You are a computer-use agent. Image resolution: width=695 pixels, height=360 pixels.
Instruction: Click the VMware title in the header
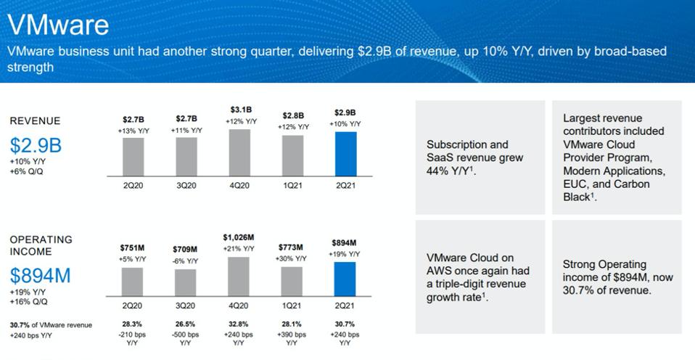click(x=58, y=25)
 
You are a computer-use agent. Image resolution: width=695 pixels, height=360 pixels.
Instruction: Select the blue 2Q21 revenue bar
click(x=345, y=154)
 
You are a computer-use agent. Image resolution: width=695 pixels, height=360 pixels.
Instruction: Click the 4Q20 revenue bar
click(x=239, y=152)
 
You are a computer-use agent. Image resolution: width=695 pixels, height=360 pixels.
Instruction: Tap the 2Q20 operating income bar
click(x=132, y=282)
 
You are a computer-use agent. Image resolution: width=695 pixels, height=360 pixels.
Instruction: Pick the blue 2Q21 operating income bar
click(x=345, y=279)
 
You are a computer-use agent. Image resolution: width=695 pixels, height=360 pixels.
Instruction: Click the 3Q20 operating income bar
click(x=186, y=282)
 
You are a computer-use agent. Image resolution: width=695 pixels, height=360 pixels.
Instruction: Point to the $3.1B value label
click(x=240, y=110)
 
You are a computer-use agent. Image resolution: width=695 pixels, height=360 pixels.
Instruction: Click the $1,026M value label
click(x=239, y=237)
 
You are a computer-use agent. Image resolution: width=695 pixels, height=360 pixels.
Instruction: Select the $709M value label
click(x=186, y=250)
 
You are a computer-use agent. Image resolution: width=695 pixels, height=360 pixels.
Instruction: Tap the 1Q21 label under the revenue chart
click(x=292, y=186)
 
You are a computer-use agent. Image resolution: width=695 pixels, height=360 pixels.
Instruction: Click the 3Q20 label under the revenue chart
click(x=186, y=186)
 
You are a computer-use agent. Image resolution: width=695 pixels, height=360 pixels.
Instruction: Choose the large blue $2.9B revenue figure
click(x=36, y=145)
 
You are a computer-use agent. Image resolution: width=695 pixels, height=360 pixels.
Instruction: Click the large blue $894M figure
click(x=40, y=275)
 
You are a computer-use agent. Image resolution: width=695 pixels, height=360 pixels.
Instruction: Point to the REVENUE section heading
click(x=35, y=120)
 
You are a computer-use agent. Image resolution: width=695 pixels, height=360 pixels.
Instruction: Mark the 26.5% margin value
click(x=186, y=324)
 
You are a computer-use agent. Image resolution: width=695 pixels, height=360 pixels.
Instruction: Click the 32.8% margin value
click(x=239, y=324)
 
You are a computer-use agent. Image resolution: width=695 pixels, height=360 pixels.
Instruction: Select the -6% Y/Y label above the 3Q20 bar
click(x=186, y=261)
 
